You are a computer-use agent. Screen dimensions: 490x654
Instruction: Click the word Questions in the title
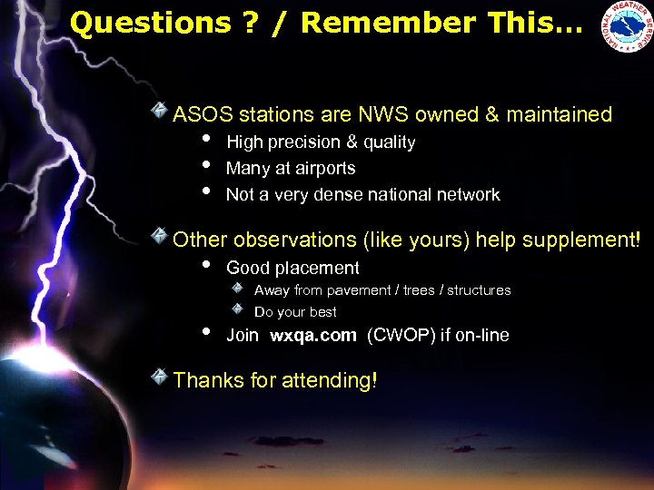click(150, 23)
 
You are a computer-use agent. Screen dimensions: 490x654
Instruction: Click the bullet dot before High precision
click(207, 140)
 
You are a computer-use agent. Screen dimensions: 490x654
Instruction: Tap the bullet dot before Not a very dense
click(207, 192)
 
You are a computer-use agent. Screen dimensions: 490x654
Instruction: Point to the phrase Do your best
click(295, 312)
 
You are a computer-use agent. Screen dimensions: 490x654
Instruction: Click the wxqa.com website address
click(313, 336)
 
